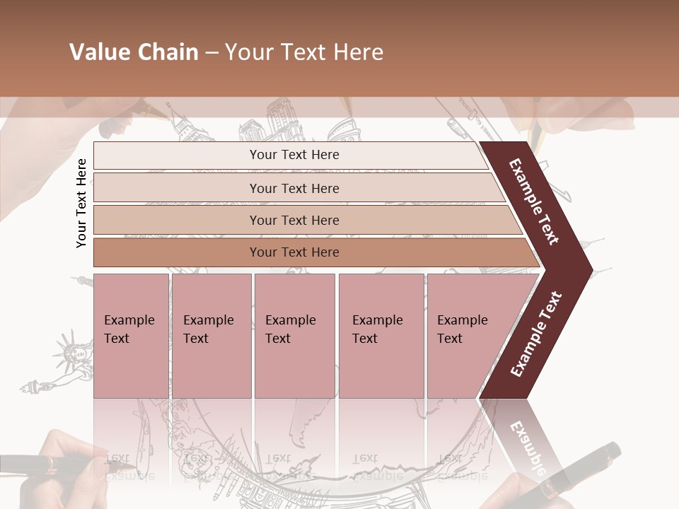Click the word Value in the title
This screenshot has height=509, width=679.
coord(98,52)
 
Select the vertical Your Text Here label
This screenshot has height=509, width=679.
coord(81,203)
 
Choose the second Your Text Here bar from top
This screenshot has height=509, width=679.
coord(294,188)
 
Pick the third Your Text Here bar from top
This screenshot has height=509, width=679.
coord(294,220)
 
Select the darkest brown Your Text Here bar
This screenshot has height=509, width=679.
coord(294,252)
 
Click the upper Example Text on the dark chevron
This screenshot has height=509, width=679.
coord(535,201)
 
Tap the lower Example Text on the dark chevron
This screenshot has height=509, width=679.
coord(536,334)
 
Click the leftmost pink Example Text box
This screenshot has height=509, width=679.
coord(131,336)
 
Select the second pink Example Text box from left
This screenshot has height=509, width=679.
coord(211,336)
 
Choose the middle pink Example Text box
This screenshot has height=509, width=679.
coord(294,336)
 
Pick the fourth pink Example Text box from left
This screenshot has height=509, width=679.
coord(381,336)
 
